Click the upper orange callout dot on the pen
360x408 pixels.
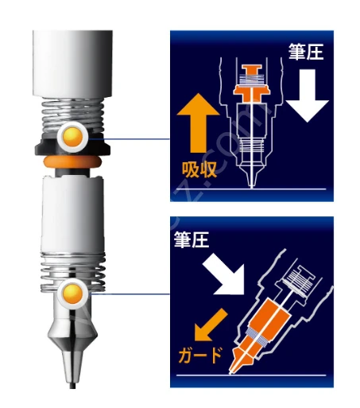click(73, 137)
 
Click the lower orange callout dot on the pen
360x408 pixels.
click(73, 293)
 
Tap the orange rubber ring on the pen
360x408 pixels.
click(73, 161)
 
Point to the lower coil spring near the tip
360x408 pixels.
click(73, 273)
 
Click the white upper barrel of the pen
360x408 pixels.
click(72, 64)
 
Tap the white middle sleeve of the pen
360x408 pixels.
click(72, 215)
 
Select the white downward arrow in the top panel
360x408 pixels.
click(308, 95)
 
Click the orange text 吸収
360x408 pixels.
click(199, 169)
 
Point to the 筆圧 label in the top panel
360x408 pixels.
click(306, 52)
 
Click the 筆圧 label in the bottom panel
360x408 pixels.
click(192, 239)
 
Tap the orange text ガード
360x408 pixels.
click(200, 355)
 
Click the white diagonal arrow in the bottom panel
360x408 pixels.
click(224, 276)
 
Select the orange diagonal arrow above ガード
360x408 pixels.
click(211, 324)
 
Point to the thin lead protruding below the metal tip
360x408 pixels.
click(72, 386)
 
